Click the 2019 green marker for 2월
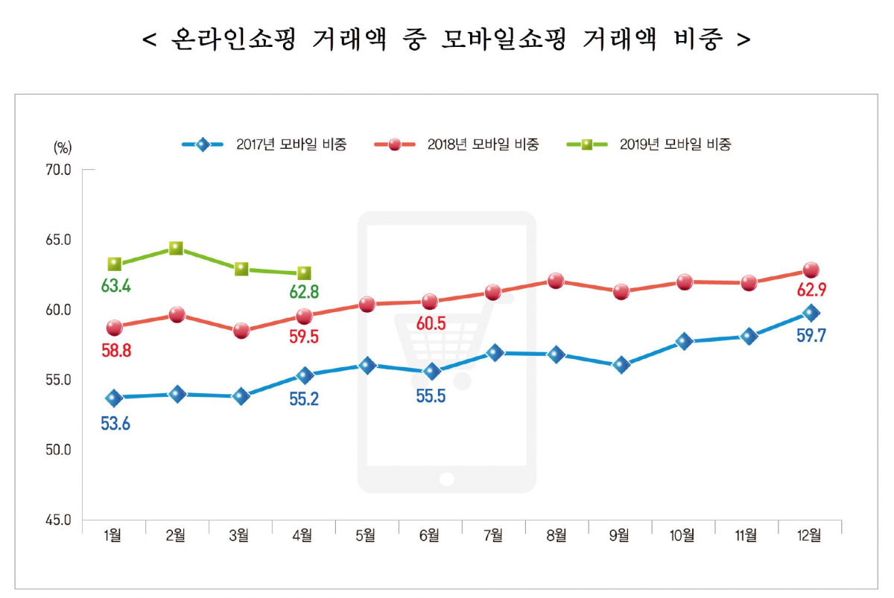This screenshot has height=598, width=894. pos(177,248)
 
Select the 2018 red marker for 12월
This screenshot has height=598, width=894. pos(811,270)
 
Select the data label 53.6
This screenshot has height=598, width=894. pos(115,424)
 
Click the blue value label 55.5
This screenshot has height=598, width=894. pos(430,395)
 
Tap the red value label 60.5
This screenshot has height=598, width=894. pos(431,323)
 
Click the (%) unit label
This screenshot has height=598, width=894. pos(63,145)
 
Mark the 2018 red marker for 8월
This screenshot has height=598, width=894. pos(556,281)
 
